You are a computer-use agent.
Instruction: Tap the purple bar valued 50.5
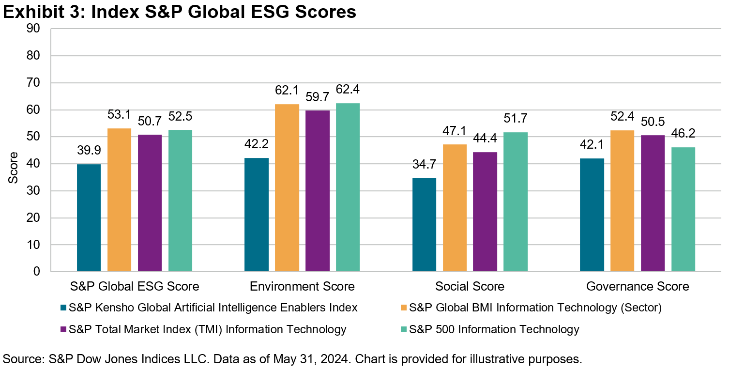[x=653, y=203]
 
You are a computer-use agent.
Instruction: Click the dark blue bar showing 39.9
[x=89, y=217]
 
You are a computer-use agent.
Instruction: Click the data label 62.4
[x=348, y=90]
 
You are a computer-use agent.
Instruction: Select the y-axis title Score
[x=14, y=168]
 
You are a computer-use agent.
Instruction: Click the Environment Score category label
[x=302, y=287]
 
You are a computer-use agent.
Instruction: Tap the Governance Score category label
[x=638, y=287]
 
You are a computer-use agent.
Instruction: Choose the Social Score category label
[x=470, y=287]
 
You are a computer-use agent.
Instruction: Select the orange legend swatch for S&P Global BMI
[x=403, y=308]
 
